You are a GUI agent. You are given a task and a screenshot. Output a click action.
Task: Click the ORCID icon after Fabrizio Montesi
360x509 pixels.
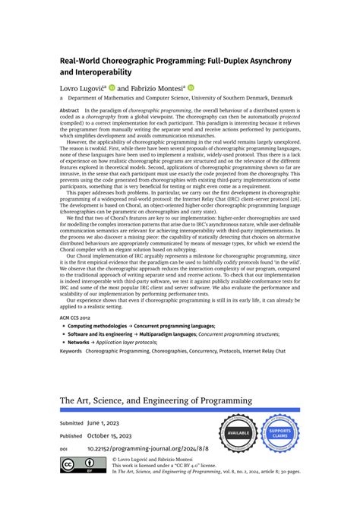[x=191, y=87]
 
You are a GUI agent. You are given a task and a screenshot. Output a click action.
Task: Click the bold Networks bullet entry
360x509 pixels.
[x=80, y=342]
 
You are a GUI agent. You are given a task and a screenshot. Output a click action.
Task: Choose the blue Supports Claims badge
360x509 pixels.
[x=279, y=433]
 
